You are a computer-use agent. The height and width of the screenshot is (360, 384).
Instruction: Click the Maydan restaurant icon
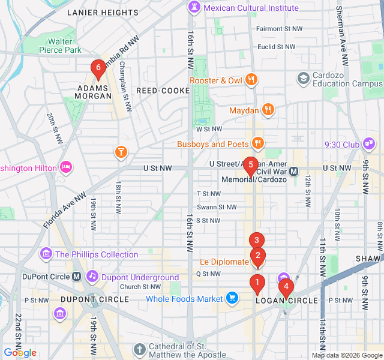click(x=268, y=110)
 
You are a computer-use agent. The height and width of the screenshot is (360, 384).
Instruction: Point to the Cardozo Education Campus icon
click(x=303, y=78)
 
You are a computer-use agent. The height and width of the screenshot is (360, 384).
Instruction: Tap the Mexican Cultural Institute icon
click(x=194, y=8)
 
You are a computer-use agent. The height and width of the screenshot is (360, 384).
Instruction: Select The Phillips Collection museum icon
click(x=46, y=254)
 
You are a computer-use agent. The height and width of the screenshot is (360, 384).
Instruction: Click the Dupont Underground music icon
click(x=92, y=277)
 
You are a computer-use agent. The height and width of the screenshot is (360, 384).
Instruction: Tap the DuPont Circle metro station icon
click(x=77, y=277)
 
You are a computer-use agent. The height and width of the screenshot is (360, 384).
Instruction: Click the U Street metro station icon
click(x=294, y=171)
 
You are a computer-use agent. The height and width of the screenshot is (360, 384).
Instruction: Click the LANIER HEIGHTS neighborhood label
click(x=103, y=12)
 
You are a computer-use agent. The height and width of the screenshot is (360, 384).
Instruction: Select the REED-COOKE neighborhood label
click(x=159, y=90)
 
